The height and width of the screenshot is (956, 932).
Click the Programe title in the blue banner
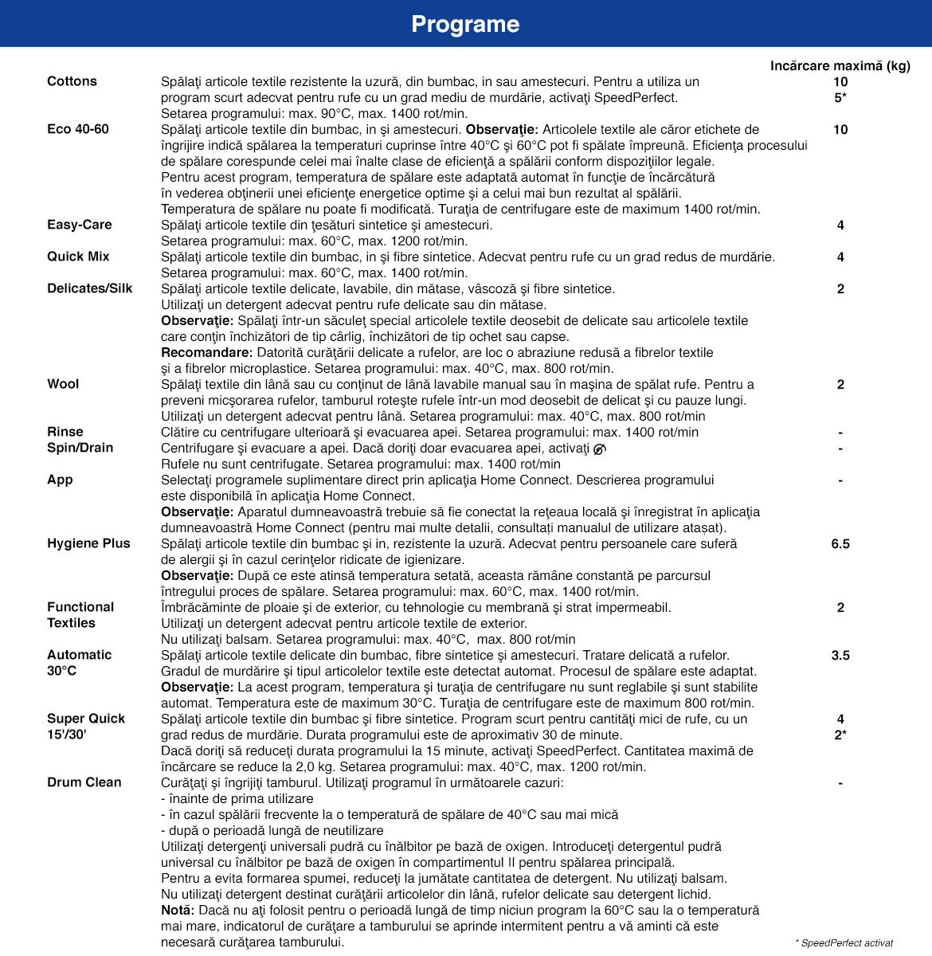[465, 24]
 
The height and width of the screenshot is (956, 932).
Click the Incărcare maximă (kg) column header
[840, 66]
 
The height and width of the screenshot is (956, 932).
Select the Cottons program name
[72, 81]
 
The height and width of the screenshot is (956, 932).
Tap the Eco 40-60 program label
[78, 129]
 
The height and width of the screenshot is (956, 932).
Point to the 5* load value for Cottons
[840, 98]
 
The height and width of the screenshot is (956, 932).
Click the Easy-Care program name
[80, 225]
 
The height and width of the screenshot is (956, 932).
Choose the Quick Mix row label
[78, 257]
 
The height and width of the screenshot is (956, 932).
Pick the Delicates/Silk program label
[90, 288]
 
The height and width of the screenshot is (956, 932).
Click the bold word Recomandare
[206, 352]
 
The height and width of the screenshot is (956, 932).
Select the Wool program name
[63, 384]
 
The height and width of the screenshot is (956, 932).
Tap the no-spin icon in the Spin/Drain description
[600, 449]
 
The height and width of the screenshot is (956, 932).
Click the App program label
[60, 480]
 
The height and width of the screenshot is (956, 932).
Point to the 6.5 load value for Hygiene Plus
[840, 544]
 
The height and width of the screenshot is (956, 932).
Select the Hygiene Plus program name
[88, 543]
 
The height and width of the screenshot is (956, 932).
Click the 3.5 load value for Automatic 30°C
[840, 656]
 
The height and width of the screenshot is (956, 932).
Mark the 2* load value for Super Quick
[840, 735]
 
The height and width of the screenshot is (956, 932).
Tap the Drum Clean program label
[84, 782]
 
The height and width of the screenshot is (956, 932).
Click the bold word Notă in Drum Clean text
[177, 910]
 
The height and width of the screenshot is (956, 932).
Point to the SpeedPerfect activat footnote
[844, 942]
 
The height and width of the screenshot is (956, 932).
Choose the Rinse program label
[65, 432]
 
